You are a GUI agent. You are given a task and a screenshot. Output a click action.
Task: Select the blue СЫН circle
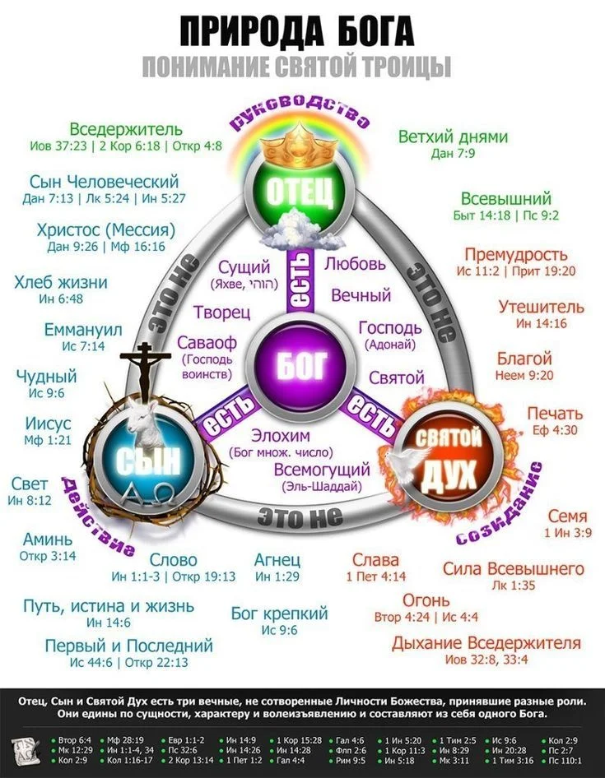coord(147,461)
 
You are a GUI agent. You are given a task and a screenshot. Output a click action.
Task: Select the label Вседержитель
coord(126,130)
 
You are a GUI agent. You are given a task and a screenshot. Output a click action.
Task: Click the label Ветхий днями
coord(453,137)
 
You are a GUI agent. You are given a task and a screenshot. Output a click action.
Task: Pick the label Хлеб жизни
coord(61,283)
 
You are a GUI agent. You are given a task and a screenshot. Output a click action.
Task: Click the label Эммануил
coord(82,331)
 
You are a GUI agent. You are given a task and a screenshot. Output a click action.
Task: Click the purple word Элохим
coord(281,436)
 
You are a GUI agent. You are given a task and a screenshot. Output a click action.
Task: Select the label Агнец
coord(277,560)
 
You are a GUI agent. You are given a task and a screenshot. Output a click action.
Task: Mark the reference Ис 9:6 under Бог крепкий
coord(279,631)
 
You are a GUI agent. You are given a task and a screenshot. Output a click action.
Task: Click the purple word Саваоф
coord(202,343)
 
